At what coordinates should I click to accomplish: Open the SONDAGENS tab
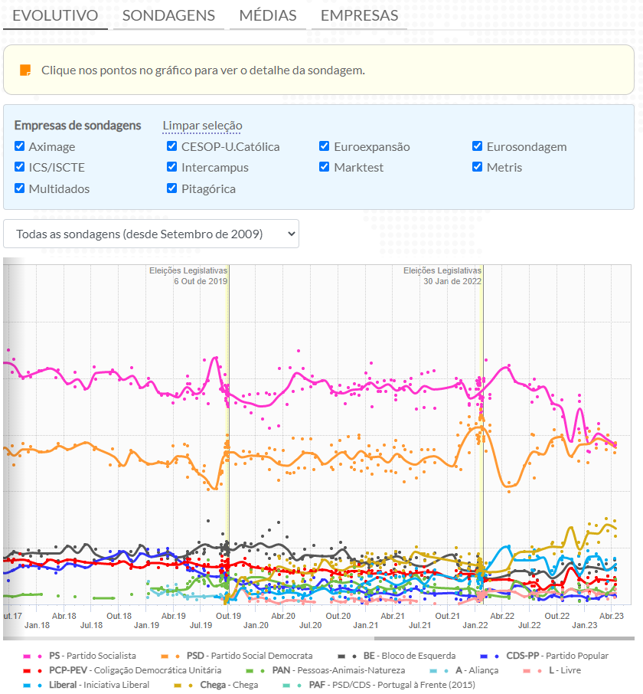pos(168,15)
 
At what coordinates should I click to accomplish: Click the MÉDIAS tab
pos(268,15)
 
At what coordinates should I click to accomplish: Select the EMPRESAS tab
pos(359,15)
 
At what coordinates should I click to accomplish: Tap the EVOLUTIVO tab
pos(55,15)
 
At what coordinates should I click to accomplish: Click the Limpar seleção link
pos(202,126)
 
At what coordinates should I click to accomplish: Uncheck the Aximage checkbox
pos(20,146)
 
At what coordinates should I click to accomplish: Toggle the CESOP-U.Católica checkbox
pos(172,146)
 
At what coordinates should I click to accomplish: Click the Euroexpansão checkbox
pos(325,146)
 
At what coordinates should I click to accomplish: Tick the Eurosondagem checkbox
pos(478,146)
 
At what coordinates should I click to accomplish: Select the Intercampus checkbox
pos(172,167)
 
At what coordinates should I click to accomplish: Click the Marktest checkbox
pos(325,167)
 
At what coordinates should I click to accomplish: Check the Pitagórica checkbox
pos(172,188)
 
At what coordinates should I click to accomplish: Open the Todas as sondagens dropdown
pos(151,234)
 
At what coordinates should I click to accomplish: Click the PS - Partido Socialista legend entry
pos(92,656)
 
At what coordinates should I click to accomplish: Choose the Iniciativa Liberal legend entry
pos(100,685)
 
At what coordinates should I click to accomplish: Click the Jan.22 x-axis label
pos(475,625)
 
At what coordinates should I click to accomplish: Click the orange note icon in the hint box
pos(25,70)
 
